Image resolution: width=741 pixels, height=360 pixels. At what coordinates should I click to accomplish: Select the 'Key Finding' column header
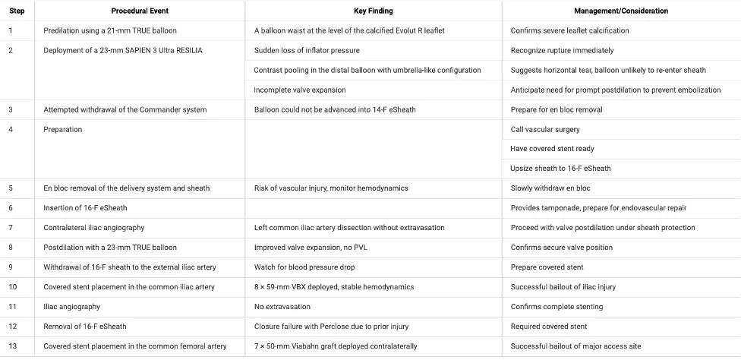tap(373, 11)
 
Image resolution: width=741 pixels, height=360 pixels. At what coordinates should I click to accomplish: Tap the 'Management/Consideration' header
tap(621, 11)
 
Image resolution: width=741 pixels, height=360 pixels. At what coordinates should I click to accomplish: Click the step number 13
tap(11, 346)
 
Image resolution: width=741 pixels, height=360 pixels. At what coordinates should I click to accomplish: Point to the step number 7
tap(10, 228)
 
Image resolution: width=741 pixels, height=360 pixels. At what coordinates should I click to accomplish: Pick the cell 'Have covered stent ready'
tap(551, 149)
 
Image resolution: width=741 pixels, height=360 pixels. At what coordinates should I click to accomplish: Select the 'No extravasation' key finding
tap(282, 307)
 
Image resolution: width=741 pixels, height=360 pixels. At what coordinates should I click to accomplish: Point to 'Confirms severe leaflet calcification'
tap(569, 31)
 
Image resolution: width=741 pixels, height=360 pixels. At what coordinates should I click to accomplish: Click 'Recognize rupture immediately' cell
tap(562, 51)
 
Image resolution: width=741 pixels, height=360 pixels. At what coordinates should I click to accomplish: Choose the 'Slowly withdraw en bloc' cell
tap(550, 188)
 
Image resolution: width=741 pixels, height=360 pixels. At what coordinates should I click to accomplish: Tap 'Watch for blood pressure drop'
tap(304, 267)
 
